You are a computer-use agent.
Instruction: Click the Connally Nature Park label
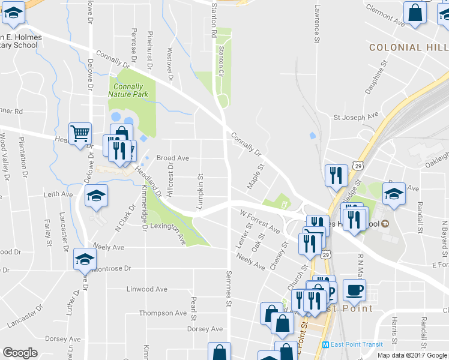point(126,90)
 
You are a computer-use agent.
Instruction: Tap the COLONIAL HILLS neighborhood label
point(408,47)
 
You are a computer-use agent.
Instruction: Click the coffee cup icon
point(354,290)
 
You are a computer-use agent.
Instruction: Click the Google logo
point(20,352)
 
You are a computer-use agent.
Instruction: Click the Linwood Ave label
point(147,289)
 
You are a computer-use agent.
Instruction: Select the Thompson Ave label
point(163,313)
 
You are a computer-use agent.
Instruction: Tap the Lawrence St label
point(316,25)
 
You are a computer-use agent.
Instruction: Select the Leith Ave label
point(58,194)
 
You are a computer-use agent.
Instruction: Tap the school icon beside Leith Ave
point(95,196)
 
